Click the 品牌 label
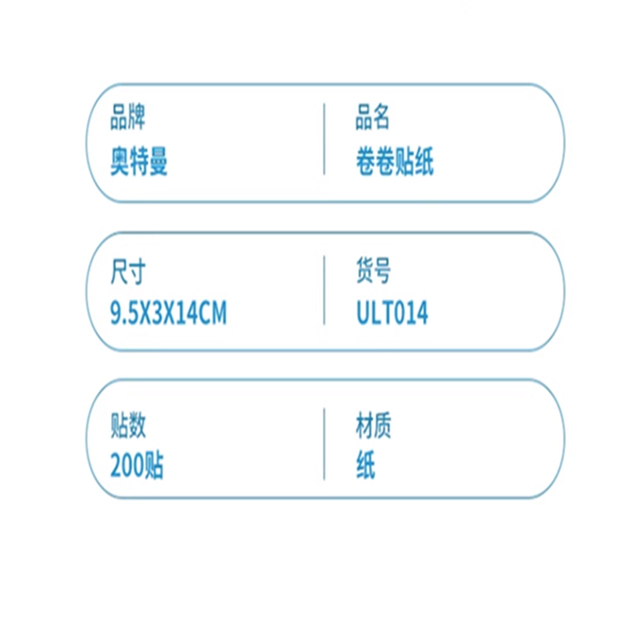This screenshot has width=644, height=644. click(128, 117)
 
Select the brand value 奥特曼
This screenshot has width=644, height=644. click(139, 161)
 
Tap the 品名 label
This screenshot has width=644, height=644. click(373, 117)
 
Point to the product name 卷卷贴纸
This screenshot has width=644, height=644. click(395, 161)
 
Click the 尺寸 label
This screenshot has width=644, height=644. click(128, 271)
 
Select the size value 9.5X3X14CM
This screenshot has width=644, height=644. click(169, 313)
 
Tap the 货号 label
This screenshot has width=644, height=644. click(373, 271)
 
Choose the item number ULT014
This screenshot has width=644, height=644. click(392, 313)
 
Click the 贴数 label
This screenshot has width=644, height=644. click(128, 425)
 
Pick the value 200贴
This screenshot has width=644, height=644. click(137, 465)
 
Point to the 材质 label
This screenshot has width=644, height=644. click(373, 425)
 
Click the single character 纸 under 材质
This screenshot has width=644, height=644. click(365, 465)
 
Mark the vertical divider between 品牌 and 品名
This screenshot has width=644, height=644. click(324, 139)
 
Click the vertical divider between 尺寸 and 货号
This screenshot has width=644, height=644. click(324, 290)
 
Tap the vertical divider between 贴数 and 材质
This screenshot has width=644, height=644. click(324, 444)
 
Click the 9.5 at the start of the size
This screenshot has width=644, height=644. click(125, 313)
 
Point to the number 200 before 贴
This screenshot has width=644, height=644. click(127, 465)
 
